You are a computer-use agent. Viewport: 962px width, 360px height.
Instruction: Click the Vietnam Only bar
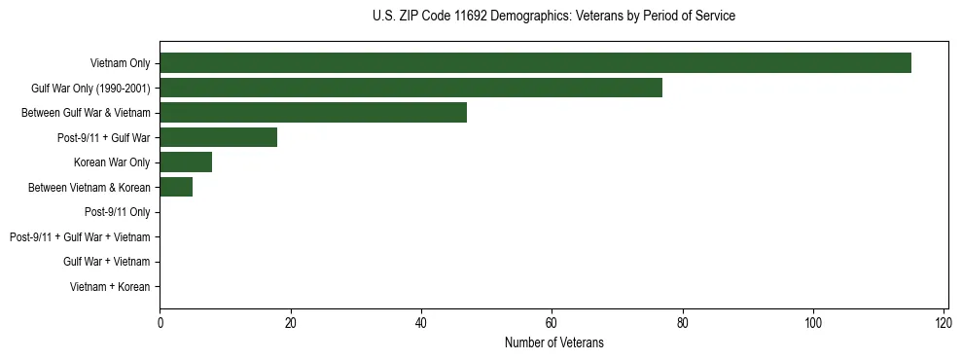[535, 63]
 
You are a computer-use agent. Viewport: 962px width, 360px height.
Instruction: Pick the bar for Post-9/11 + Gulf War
[218, 137]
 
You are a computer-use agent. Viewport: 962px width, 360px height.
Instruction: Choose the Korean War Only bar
[186, 162]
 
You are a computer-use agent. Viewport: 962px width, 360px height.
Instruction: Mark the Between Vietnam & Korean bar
[176, 187]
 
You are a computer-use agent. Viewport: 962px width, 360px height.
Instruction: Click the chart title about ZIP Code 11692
[553, 17]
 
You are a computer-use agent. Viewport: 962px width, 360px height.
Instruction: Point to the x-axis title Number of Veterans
[553, 342]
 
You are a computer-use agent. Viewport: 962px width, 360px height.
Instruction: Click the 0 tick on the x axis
[160, 322]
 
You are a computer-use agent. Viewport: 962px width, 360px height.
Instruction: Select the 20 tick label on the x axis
[290, 322]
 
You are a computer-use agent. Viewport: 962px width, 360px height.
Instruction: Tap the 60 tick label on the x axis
[552, 322]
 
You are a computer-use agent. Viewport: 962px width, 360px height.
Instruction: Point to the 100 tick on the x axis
[813, 322]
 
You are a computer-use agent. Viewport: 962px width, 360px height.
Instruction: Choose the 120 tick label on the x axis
[944, 322]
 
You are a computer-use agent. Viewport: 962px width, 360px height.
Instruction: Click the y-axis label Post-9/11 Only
[117, 212]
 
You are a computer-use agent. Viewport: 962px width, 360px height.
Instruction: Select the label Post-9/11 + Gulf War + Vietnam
[80, 237]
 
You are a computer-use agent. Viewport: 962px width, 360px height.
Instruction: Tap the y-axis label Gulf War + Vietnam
[106, 262]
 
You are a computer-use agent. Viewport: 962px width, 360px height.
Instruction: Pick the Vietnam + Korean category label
[110, 287]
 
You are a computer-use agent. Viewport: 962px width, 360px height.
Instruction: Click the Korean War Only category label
[111, 162]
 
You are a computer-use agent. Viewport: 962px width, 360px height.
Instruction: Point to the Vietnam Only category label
[120, 63]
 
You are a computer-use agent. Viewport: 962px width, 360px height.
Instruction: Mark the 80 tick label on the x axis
[683, 322]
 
